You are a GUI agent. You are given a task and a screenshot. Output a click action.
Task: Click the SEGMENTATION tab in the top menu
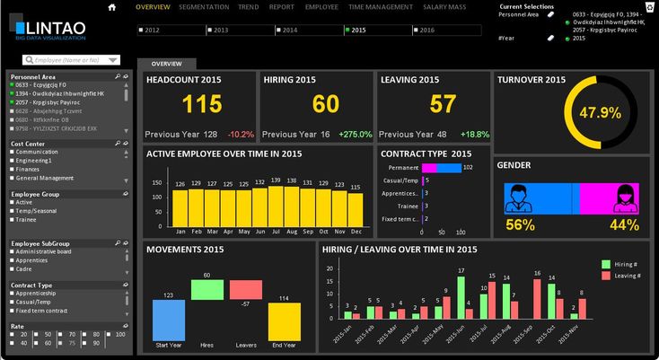(204, 6)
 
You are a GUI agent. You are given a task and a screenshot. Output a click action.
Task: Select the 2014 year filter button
(285, 30)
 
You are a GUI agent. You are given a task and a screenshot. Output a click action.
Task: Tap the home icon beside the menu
(112, 7)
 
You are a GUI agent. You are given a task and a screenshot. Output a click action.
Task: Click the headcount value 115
(201, 104)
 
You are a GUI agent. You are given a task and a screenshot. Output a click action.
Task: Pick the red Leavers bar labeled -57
(245, 290)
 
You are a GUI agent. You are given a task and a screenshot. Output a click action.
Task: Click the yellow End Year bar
(285, 321)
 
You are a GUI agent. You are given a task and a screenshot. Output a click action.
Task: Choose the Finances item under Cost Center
(29, 169)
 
